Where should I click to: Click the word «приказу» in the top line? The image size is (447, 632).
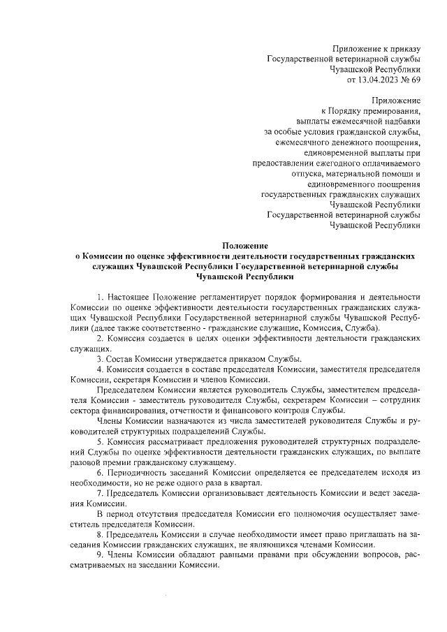pos(404,49)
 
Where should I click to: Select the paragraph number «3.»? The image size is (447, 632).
pos(101,359)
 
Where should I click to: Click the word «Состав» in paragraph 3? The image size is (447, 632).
pos(119,359)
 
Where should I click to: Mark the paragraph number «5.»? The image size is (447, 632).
pos(101,441)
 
